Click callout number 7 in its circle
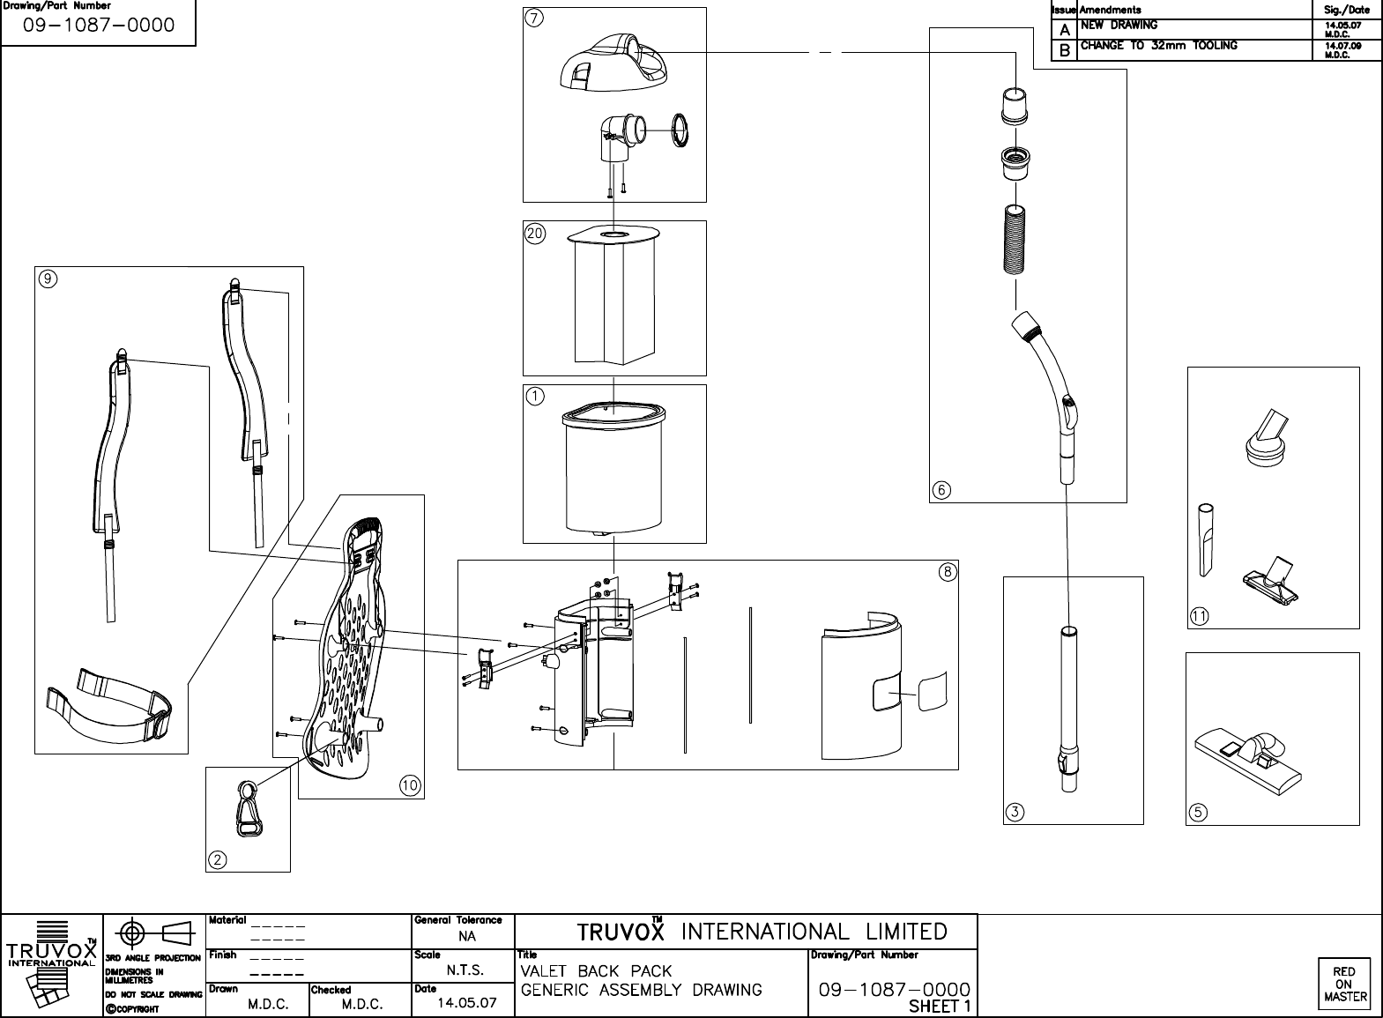point(536,20)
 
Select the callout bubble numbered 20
point(535,234)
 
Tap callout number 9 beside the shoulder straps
point(48,279)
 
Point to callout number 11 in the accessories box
point(1200,616)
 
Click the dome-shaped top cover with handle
point(613,62)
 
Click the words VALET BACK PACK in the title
point(596,971)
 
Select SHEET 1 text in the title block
point(941,1007)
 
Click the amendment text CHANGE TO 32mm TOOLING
point(1158,46)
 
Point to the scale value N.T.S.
point(465,970)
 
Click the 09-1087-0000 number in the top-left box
point(99,26)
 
